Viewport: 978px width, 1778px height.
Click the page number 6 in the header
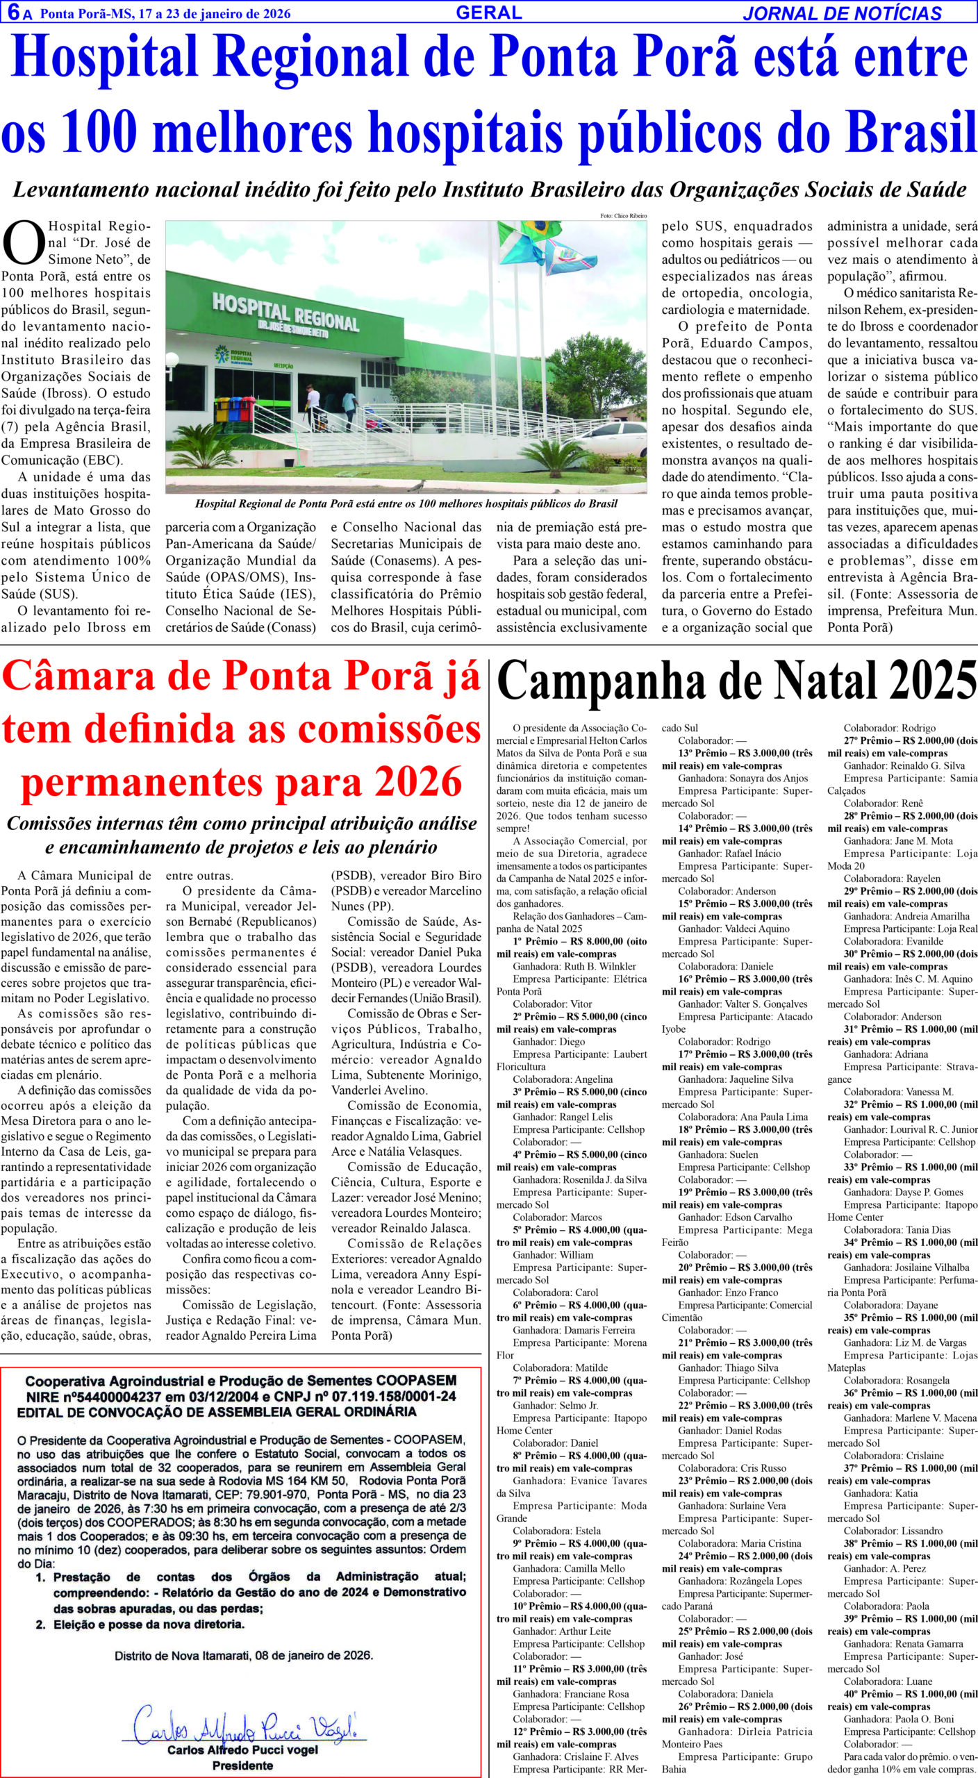pyautogui.click(x=13, y=13)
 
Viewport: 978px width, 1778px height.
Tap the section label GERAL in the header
pyautogui.click(x=489, y=12)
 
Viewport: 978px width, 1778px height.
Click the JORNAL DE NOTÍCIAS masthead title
pyautogui.click(x=842, y=13)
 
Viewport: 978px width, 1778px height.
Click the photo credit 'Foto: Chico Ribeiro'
pyautogui.click(x=623, y=216)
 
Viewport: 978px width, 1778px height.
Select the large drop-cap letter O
pyautogui.click(x=23, y=242)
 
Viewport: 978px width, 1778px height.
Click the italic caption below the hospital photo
pyautogui.click(x=406, y=504)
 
